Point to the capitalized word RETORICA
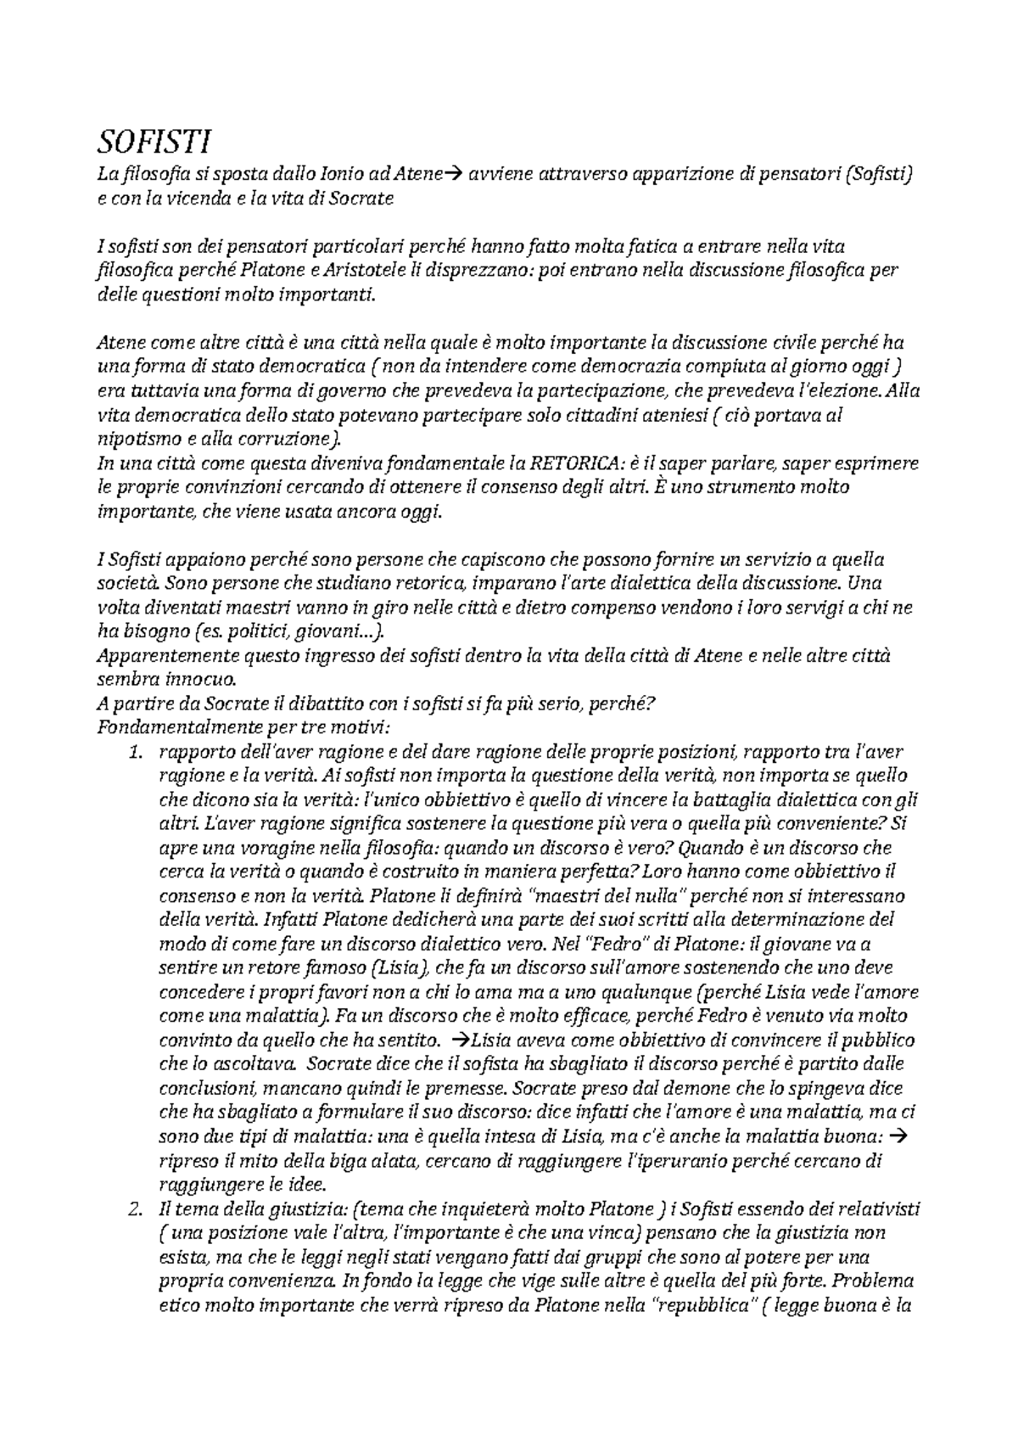click(x=577, y=463)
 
